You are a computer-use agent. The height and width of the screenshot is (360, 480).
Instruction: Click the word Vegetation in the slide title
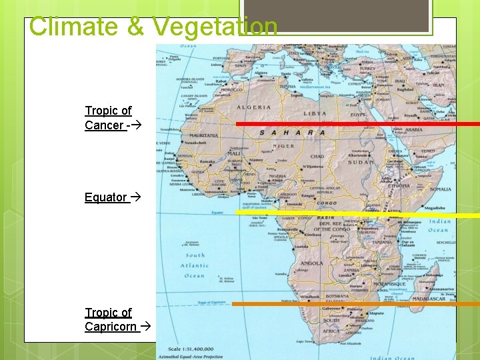(x=215, y=27)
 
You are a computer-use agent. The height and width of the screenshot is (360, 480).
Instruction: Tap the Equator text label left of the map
(x=105, y=197)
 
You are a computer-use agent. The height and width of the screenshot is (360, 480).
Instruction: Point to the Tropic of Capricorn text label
(x=110, y=320)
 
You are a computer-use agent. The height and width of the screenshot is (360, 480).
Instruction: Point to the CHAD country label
(x=318, y=157)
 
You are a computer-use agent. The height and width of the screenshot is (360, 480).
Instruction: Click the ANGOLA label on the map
(x=312, y=263)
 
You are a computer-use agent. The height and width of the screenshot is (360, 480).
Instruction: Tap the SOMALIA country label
(x=441, y=189)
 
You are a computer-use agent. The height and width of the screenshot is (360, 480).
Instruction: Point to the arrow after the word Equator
(x=136, y=197)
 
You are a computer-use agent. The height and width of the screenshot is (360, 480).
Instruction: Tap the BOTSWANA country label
(x=337, y=295)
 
